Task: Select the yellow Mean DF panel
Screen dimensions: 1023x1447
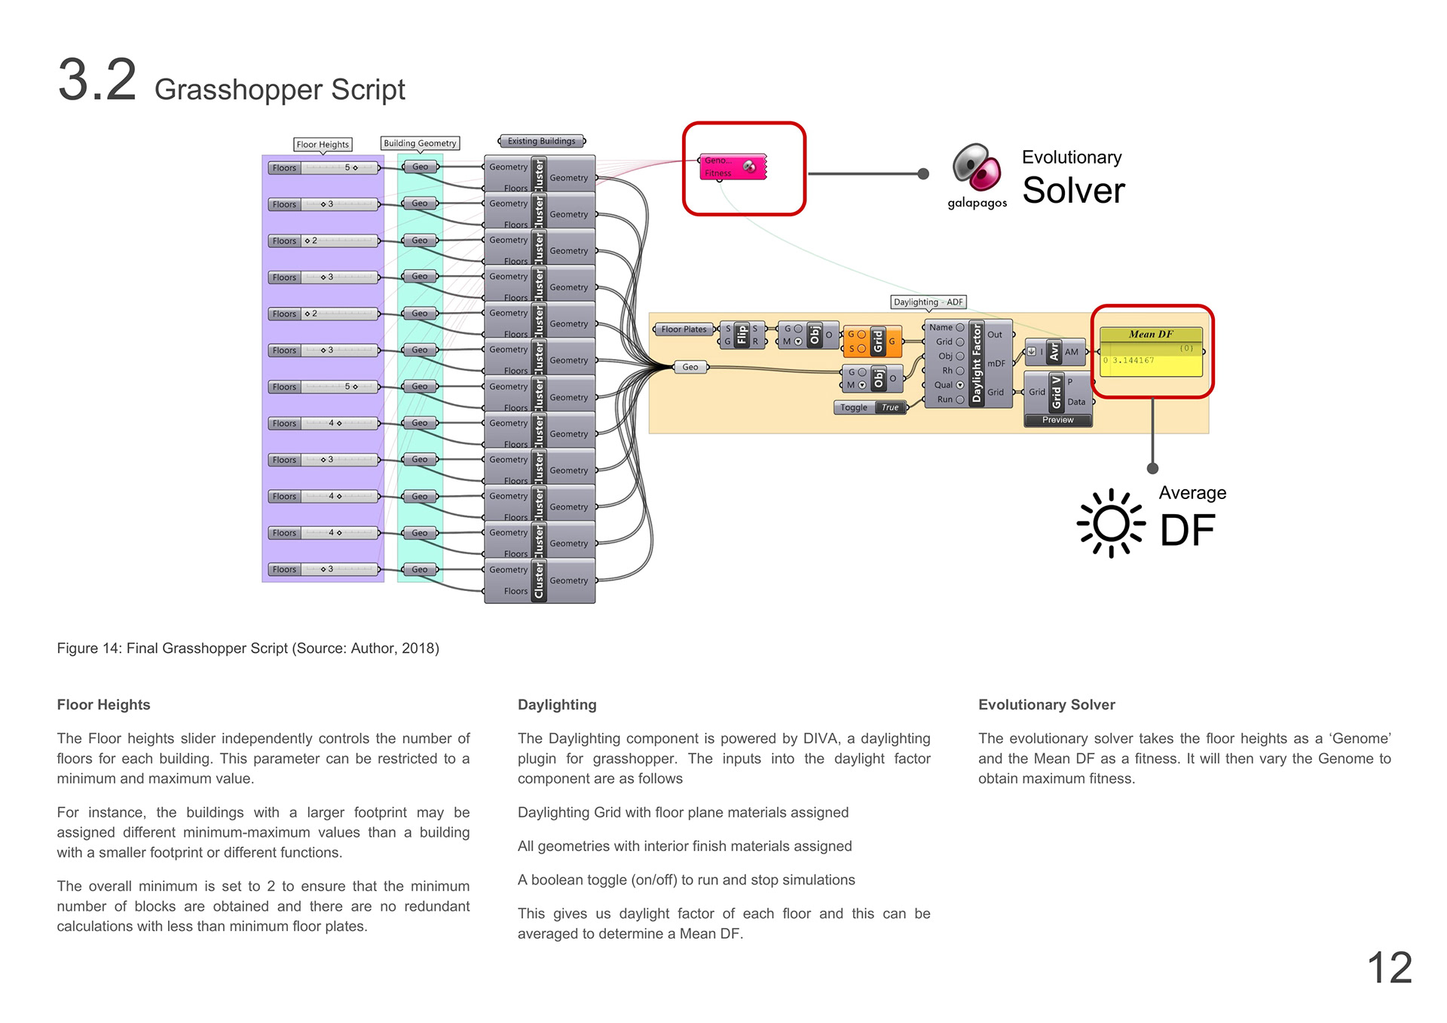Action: [x=1150, y=352]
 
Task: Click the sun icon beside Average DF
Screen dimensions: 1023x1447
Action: [x=1111, y=524]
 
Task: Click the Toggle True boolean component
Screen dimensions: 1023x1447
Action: [x=870, y=408]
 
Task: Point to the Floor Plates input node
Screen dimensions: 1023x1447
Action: [x=684, y=329]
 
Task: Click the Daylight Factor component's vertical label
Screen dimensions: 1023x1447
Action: [x=977, y=363]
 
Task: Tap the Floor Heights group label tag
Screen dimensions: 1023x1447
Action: [x=323, y=145]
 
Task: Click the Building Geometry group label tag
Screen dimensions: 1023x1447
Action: [x=420, y=143]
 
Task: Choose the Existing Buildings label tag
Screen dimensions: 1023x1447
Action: [x=541, y=141]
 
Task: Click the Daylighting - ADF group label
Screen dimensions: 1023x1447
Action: [x=928, y=302]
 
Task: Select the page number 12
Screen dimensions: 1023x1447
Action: [x=1389, y=967]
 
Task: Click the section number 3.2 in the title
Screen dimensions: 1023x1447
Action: [x=97, y=80]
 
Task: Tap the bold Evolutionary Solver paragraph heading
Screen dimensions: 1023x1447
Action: [x=1046, y=705]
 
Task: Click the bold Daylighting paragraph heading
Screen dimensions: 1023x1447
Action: [x=557, y=705]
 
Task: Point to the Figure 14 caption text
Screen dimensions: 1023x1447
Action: [x=248, y=648]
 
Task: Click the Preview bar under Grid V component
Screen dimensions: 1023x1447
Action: [x=1057, y=421]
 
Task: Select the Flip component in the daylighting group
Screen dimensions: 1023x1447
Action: [x=742, y=335]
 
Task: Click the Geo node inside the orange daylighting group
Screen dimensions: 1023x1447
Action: [x=690, y=367]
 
